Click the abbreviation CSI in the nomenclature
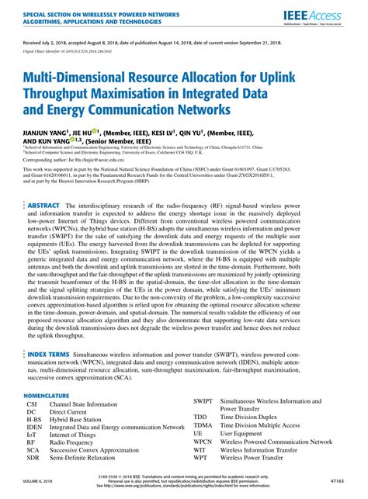(32, 405)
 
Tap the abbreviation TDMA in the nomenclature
(203, 425)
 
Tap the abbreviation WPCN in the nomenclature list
(203, 442)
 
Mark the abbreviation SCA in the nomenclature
(33, 449)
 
